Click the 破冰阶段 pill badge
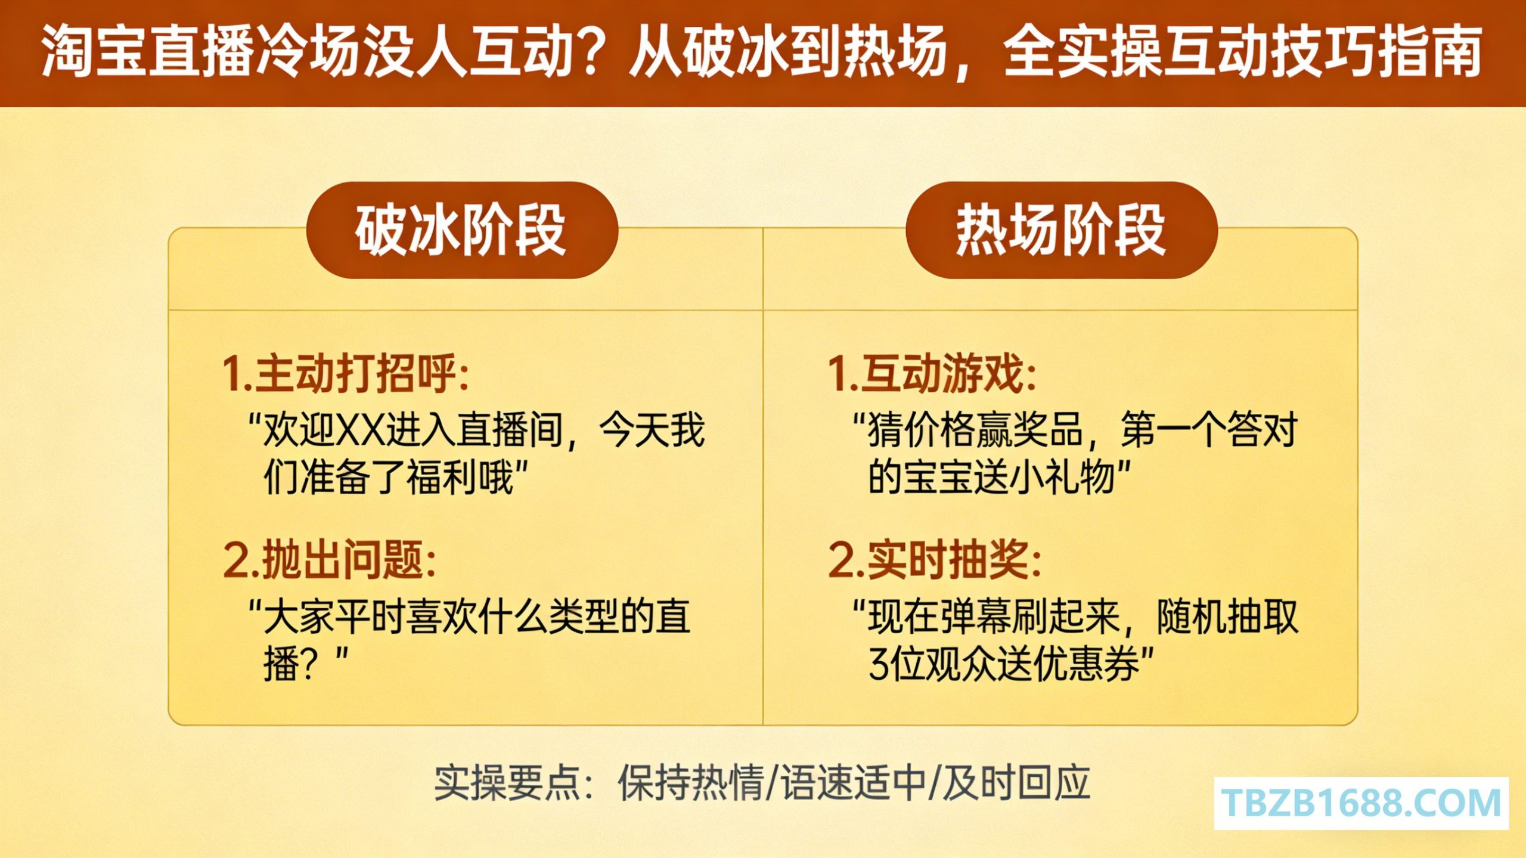[462, 230]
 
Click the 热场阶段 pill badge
[1061, 230]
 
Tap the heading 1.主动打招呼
[346, 374]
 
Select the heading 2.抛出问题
[330, 560]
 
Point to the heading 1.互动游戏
[932, 374]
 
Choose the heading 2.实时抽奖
[935, 560]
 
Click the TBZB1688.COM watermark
[1361, 803]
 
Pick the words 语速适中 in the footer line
[854, 782]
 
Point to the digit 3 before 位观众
[879, 664]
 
